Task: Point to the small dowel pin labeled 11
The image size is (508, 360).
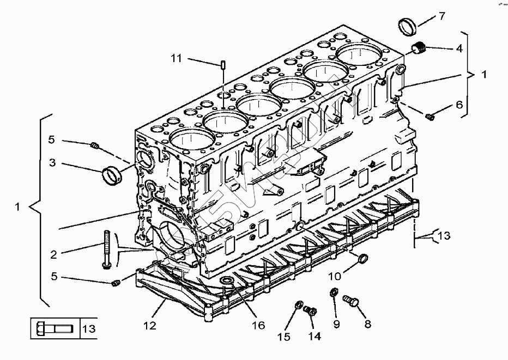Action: (223, 65)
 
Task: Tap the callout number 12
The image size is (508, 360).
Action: (150, 326)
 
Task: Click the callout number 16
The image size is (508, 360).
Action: (258, 325)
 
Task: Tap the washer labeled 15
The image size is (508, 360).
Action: (298, 305)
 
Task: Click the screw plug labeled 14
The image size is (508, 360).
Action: (311, 311)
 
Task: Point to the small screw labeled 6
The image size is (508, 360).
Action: (430, 115)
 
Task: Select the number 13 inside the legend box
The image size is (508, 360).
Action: (89, 329)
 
